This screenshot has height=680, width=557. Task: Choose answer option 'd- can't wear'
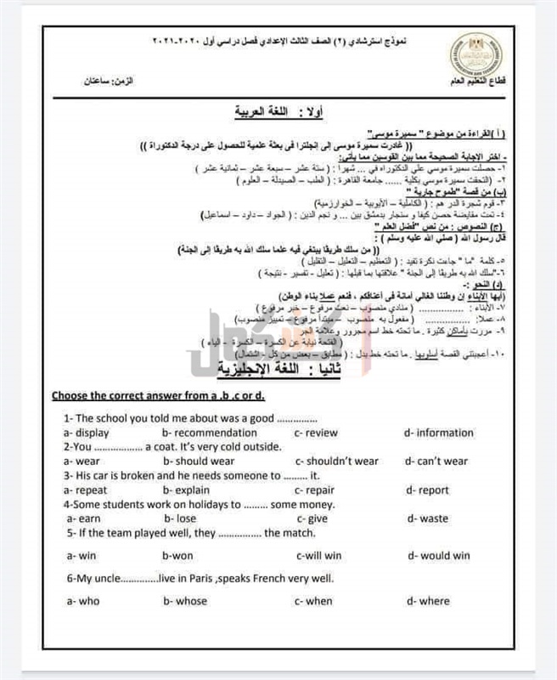(436, 462)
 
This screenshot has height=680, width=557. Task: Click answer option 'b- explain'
(191, 490)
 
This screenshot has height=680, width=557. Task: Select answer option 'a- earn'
(83, 518)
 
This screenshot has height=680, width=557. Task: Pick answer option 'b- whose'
(185, 601)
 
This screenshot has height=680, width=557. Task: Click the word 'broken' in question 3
(139, 476)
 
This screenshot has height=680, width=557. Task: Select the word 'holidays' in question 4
(211, 504)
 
